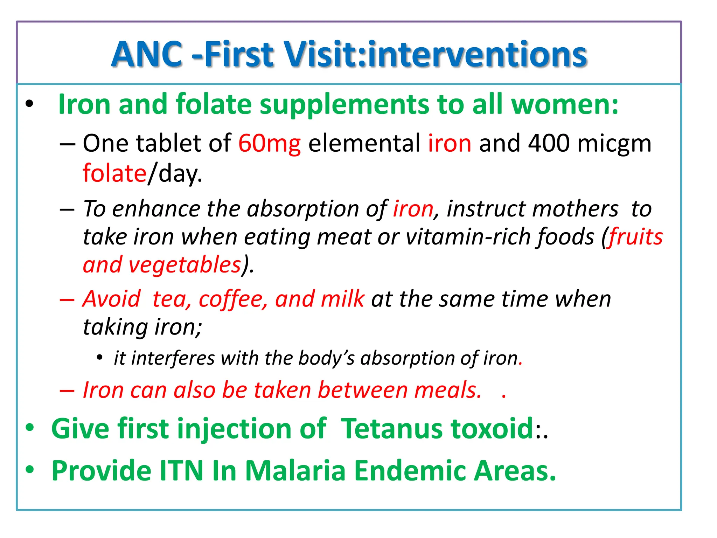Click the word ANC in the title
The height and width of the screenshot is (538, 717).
click(x=147, y=54)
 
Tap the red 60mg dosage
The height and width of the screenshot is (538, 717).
click(x=269, y=143)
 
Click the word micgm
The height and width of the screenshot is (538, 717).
click(x=614, y=144)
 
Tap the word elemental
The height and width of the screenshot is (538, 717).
click(x=364, y=143)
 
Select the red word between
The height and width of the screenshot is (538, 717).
click(x=362, y=390)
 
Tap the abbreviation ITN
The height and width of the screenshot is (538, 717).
click(x=181, y=471)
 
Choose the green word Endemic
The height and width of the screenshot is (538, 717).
click(x=410, y=471)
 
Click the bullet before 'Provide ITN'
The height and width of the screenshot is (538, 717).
click(x=30, y=469)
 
